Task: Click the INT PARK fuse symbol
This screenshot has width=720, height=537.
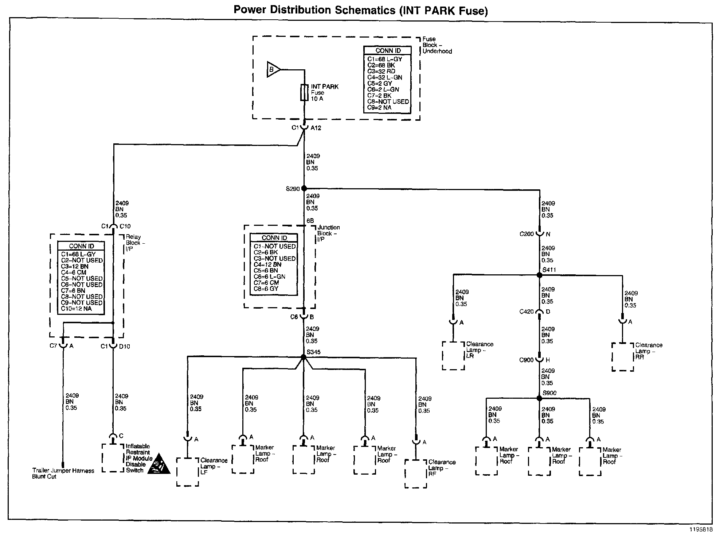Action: click(304, 93)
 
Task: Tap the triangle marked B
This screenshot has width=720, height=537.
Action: click(273, 69)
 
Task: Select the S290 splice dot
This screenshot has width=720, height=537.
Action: click(304, 189)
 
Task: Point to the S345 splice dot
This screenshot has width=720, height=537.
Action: click(303, 357)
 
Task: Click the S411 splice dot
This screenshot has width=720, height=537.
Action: click(539, 275)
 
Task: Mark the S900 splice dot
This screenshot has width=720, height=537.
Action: click(539, 398)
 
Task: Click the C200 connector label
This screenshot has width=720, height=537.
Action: click(527, 234)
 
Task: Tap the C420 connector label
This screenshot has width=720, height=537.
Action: click(527, 312)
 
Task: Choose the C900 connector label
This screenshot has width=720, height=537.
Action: click(527, 360)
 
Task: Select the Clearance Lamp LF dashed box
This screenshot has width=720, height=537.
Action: click(188, 472)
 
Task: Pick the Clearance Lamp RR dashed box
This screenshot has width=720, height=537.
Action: click(623, 357)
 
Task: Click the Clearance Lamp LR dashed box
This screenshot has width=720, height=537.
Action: click(453, 356)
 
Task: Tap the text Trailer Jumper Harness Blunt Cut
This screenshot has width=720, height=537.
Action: click(63, 474)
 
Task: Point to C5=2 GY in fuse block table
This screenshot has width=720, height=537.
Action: click(379, 83)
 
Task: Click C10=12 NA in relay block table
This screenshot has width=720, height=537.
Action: click(77, 309)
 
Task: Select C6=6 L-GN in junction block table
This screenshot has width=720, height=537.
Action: click(269, 277)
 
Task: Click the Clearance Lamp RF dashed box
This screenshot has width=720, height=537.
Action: click(416, 474)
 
